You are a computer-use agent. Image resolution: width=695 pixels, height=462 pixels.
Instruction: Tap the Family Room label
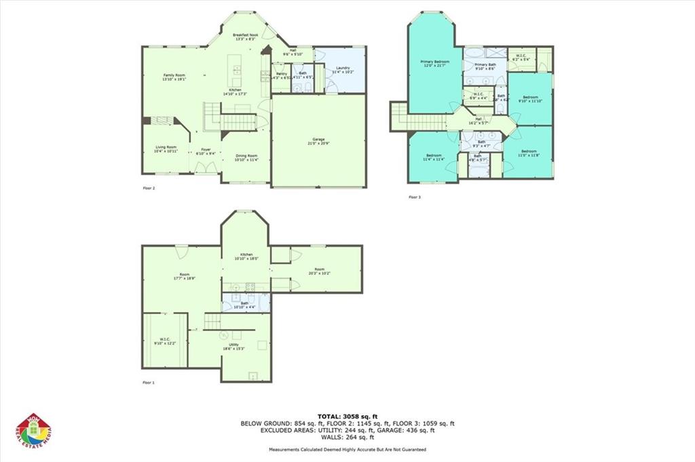pos(174,77)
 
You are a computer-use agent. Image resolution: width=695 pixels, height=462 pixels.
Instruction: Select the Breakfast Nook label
pos(245,37)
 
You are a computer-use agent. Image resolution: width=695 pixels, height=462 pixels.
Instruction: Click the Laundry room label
pos(343,70)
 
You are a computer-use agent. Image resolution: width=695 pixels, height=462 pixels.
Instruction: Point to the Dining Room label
pos(246,158)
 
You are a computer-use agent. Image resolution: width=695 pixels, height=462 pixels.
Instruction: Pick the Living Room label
pos(166,149)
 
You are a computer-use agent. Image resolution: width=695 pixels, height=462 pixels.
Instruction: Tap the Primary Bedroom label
pos(435,63)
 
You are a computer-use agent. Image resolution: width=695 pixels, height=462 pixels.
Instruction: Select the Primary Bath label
pos(485,66)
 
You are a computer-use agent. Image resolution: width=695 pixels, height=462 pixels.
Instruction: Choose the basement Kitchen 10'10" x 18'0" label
pos(246,256)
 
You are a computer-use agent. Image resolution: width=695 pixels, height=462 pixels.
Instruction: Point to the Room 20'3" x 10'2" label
pos(319,271)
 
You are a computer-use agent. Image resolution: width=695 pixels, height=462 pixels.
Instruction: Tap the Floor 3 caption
pos(414,197)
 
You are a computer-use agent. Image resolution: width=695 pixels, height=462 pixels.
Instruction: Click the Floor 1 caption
pos(149,383)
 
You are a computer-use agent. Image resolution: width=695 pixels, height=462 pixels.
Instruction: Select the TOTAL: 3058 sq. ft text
pos(347,416)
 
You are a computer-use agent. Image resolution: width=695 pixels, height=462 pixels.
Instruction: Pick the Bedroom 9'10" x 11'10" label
pos(529,99)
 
